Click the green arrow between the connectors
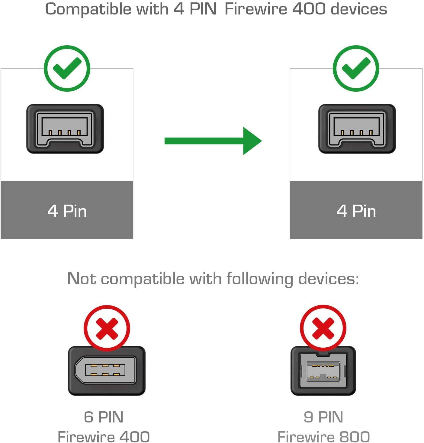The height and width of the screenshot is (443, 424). click(213, 141)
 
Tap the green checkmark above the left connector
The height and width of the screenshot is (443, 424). click(67, 68)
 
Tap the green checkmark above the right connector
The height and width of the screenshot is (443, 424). click(356, 68)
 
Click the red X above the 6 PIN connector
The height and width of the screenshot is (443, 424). click(107, 328)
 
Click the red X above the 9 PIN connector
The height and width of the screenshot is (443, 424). click(323, 328)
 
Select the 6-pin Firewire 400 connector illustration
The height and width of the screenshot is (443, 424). click(107, 370)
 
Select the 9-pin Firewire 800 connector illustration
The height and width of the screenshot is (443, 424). click(323, 370)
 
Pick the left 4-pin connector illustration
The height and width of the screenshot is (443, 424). click(65, 129)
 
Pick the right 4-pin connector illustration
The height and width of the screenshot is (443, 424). click(357, 129)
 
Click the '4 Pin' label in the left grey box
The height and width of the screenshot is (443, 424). click(67, 211)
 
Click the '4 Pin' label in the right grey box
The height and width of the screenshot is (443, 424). click(356, 211)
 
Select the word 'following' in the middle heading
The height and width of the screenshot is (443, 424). click(259, 279)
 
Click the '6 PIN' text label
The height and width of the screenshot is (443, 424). click(104, 417)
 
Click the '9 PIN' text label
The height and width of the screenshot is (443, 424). click(323, 417)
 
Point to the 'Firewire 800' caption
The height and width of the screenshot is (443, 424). click(323, 437)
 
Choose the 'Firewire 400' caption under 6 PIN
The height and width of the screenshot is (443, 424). click(104, 437)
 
